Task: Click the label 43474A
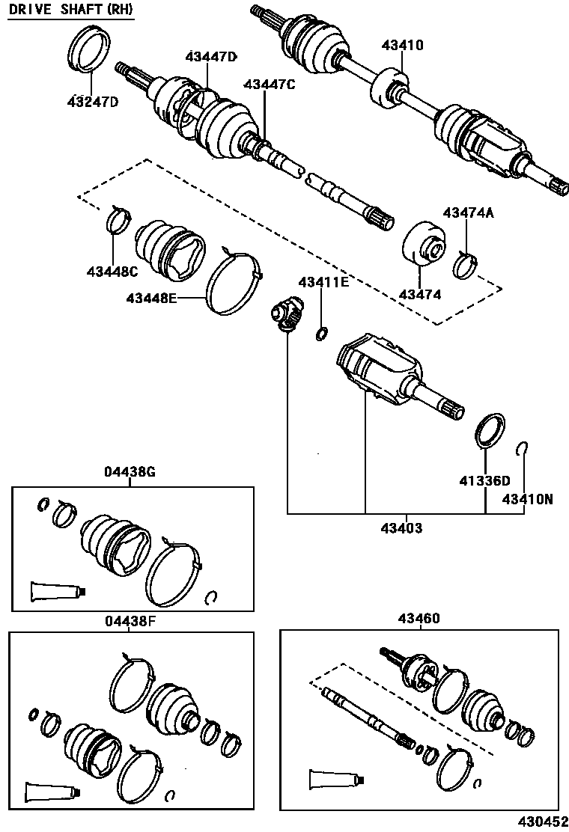(x=468, y=212)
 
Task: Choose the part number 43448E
(x=151, y=299)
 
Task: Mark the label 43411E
(x=323, y=282)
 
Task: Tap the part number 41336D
(x=484, y=480)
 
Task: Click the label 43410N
(x=527, y=498)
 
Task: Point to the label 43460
(x=419, y=619)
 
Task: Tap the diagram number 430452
(x=541, y=822)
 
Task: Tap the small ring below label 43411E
(x=322, y=333)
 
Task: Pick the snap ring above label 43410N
(x=525, y=448)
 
